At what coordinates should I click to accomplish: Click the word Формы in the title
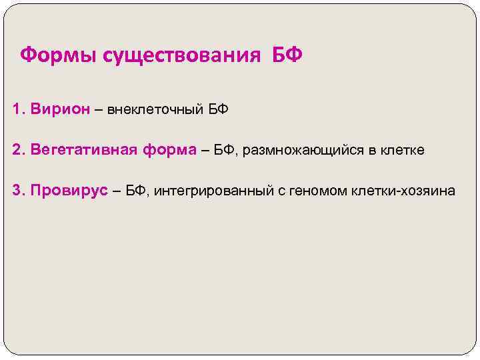58,54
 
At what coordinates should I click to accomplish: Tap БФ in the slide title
287,54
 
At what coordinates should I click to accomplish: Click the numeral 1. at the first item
18,109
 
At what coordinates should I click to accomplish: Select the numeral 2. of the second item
18,150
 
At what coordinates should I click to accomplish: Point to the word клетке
402,150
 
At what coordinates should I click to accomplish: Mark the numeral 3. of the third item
18,191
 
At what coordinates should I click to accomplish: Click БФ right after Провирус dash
135,191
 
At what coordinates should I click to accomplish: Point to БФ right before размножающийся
225,150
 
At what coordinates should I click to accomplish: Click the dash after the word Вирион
98,109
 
